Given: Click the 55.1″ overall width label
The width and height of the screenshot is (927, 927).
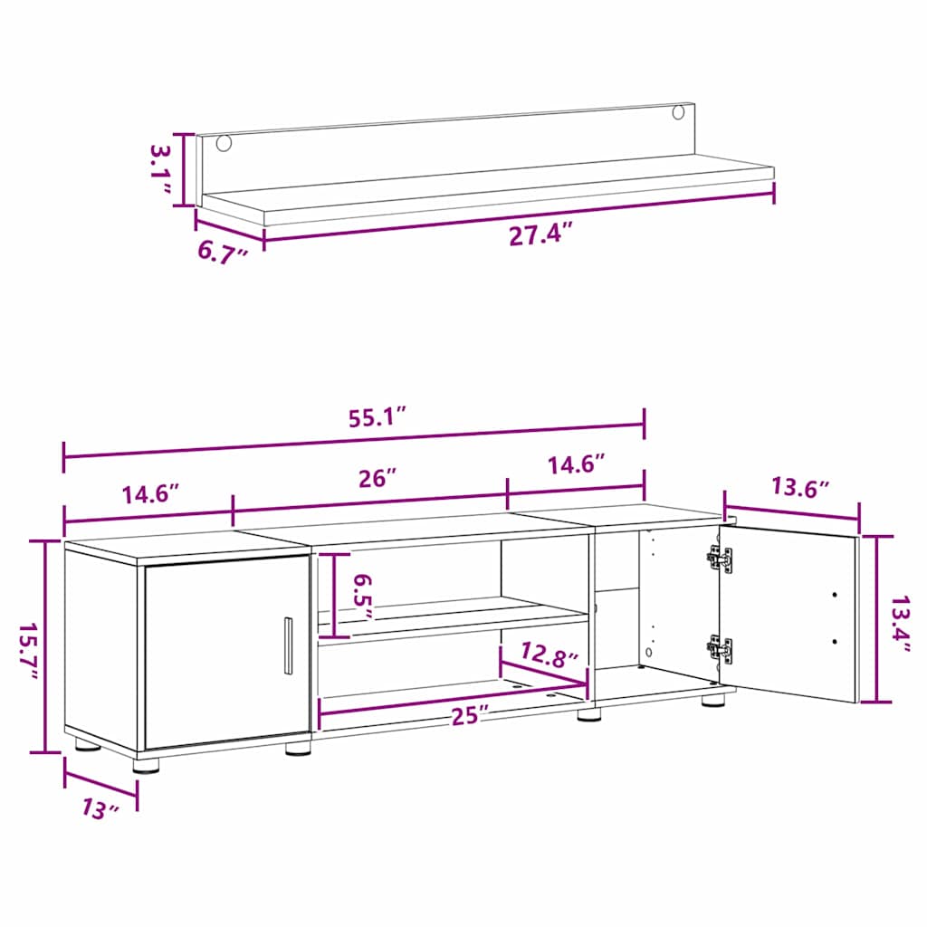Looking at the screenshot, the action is [377, 417].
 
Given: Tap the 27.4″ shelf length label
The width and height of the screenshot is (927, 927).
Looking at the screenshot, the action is [541, 235].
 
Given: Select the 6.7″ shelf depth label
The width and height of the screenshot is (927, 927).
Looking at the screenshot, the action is [222, 253].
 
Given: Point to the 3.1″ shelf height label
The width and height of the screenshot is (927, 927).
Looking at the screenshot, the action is [160, 169].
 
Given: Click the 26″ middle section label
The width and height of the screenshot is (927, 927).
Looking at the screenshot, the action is [377, 478].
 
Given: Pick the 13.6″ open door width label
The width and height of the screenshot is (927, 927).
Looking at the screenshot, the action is [800, 488].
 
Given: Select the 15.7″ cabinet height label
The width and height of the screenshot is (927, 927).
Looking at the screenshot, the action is [27, 650].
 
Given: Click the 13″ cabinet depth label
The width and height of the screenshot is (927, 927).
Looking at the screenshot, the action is [100, 808].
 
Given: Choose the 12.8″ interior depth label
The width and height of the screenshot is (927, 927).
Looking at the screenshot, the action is [549, 655].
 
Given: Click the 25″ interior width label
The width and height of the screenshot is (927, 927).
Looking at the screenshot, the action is [471, 716].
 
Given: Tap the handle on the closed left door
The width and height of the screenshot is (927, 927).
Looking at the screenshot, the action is [288, 645].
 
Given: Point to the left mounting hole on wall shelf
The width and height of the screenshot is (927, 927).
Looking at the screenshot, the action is [225, 142].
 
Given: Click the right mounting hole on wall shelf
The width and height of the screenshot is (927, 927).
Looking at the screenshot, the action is [678, 111].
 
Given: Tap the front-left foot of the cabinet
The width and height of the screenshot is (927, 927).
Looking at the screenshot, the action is [146, 766].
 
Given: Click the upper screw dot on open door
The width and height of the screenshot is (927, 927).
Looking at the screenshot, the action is [834, 595].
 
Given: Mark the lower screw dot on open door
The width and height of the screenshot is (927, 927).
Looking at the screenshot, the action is [834, 642].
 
